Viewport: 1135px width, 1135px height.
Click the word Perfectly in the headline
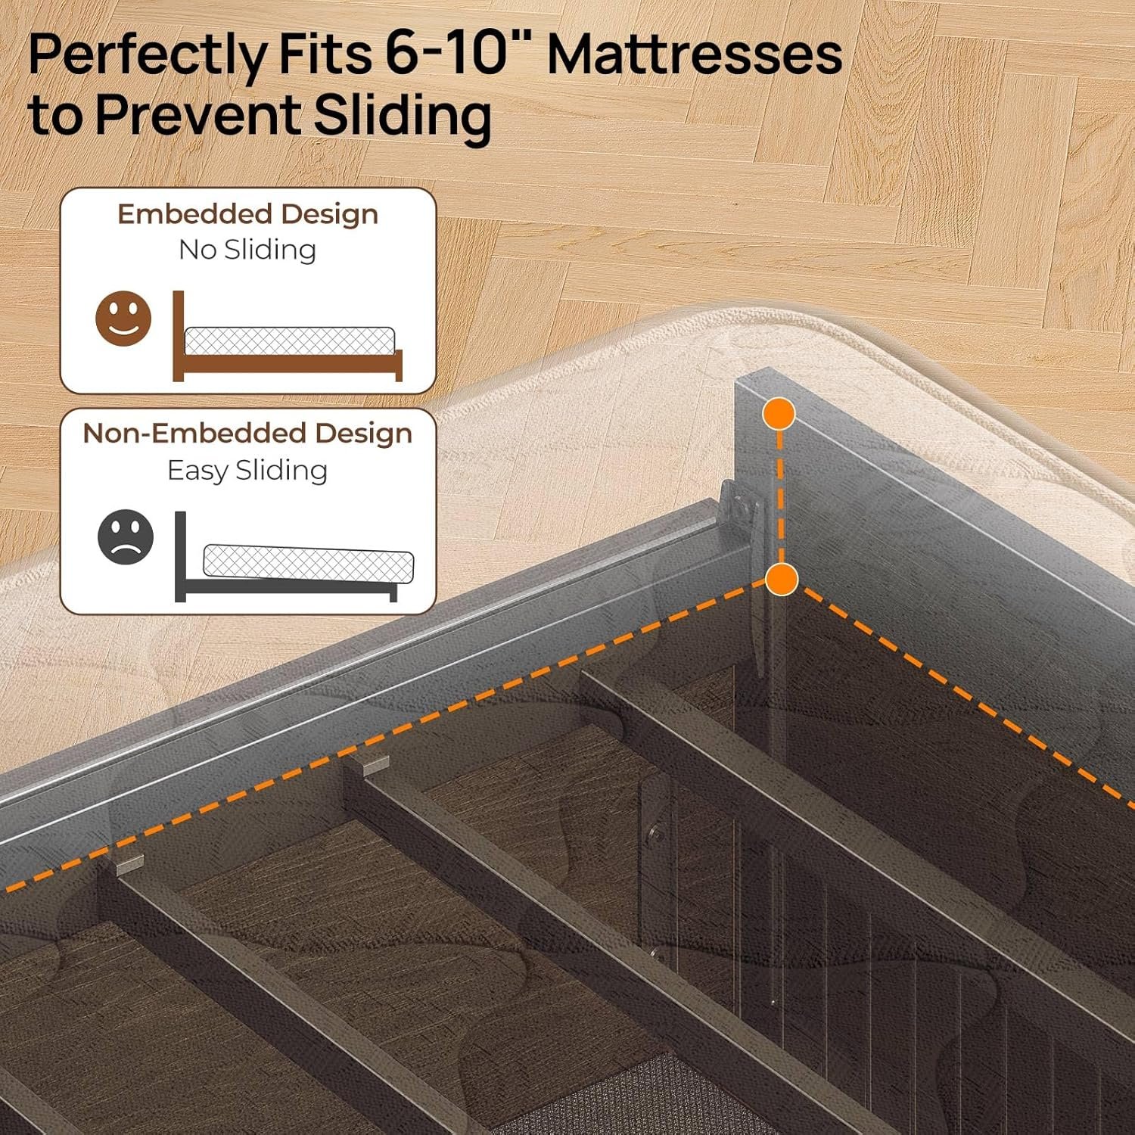148,55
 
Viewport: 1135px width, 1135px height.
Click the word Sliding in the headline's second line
402,116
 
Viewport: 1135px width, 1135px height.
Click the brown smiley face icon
123,319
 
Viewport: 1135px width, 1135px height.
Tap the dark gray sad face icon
126,538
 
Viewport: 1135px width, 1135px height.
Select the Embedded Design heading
247,215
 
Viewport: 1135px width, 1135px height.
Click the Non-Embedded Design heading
247,434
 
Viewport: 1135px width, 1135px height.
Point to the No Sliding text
247,250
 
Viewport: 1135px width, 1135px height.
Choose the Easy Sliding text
247,470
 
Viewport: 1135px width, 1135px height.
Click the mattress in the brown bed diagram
290,340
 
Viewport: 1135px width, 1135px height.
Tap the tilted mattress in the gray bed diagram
309,564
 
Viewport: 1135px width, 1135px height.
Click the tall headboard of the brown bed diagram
179,335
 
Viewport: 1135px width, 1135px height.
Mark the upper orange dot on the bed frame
779,414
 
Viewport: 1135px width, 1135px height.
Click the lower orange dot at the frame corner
782,580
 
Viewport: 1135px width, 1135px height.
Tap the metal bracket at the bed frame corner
740,507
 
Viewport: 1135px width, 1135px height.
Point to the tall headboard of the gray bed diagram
180,556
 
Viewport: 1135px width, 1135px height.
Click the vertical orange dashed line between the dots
780,497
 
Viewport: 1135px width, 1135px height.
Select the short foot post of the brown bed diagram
399,365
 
